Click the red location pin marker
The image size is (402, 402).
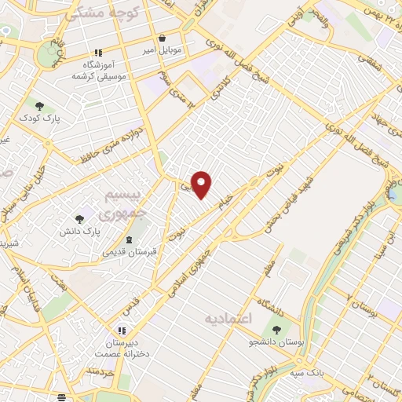coord(203,184)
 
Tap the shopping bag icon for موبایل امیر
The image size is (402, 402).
coord(162,38)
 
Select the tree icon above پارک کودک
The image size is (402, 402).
coord(39,105)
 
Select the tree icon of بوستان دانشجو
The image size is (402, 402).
coord(276,329)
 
